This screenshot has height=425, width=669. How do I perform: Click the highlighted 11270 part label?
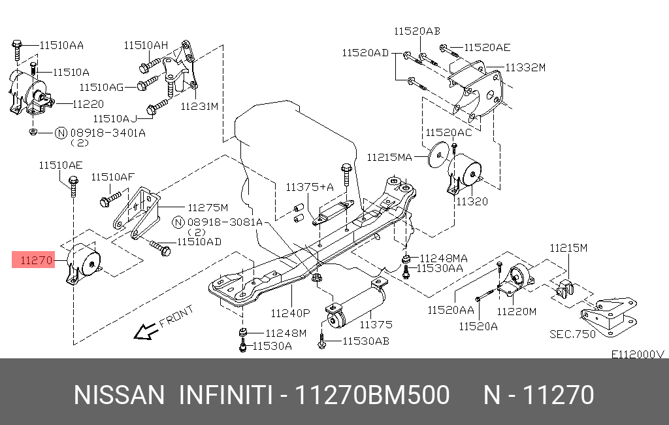tap(36, 261)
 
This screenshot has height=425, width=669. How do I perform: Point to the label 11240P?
tap(290, 313)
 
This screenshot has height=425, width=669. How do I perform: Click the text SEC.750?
tap(573, 333)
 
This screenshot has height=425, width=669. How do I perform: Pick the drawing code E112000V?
tap(637, 354)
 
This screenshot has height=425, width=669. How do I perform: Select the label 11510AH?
tap(146, 45)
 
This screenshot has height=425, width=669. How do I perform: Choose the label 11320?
tap(472, 201)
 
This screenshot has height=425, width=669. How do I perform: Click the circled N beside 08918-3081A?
tap(177, 222)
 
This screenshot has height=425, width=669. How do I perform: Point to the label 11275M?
tap(207, 208)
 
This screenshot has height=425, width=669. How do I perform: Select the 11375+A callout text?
tap(309, 187)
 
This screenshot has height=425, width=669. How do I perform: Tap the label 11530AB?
tap(365, 340)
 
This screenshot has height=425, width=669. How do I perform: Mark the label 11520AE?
tap(487, 47)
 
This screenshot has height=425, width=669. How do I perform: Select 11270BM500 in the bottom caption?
tap(372, 396)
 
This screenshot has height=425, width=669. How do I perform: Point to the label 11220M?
tap(516, 311)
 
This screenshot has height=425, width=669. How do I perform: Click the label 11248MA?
tap(444, 258)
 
